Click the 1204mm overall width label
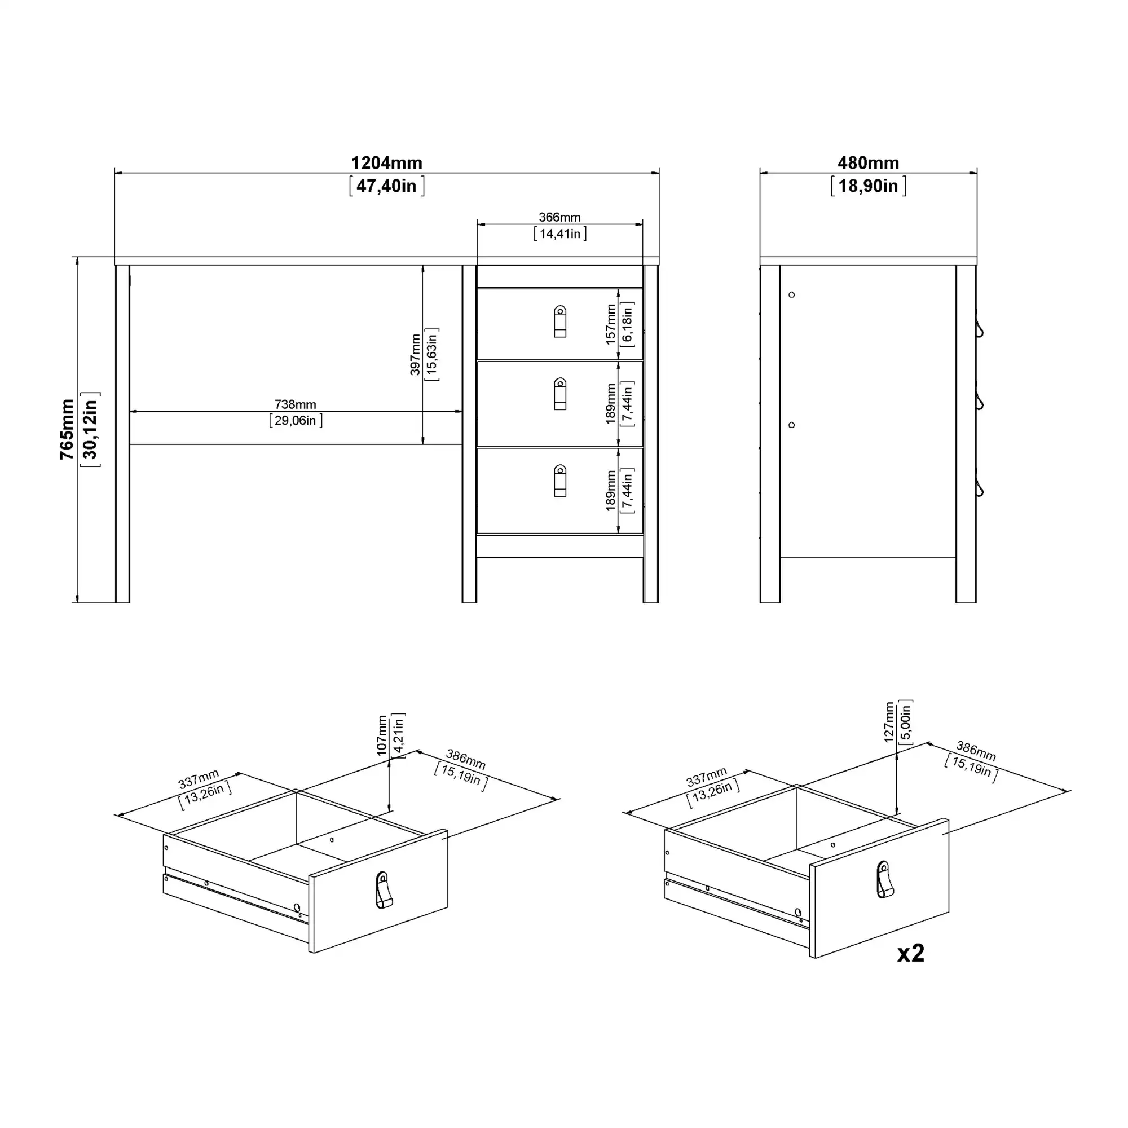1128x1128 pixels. [386, 163]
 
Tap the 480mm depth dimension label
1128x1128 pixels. [868, 163]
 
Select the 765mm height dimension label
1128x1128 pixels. [67, 429]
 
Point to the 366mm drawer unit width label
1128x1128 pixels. [559, 217]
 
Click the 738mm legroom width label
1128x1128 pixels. [296, 404]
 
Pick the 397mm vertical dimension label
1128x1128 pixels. [415, 354]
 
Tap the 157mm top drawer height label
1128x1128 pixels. [611, 324]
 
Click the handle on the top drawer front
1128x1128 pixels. [560, 321]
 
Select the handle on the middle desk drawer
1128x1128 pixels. [560, 394]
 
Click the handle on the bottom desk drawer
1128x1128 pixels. [560, 481]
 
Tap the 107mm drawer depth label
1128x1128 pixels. [382, 735]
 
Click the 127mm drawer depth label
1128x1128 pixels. [889, 722]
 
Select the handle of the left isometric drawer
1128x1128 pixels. [383, 890]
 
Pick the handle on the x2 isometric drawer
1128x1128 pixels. [884, 879]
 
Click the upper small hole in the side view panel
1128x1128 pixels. [792, 295]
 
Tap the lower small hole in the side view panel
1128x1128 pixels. [792, 425]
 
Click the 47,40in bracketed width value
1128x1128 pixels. [386, 186]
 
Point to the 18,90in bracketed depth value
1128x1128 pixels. [868, 186]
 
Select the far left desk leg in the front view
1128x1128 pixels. [122, 434]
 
